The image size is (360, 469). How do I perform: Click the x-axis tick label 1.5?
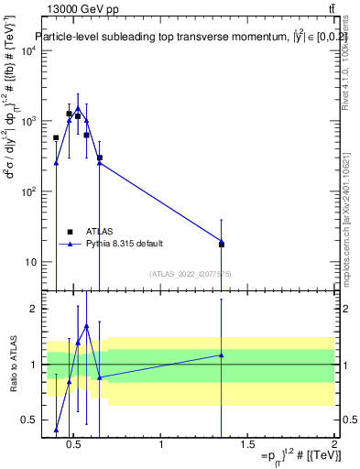tap(248, 445)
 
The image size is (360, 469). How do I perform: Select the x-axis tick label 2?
tap(333, 445)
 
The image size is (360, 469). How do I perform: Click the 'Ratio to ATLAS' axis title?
tap(12, 364)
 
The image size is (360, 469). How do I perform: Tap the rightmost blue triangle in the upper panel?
tap(222, 241)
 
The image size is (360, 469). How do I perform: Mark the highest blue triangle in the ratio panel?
tap(86, 326)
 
